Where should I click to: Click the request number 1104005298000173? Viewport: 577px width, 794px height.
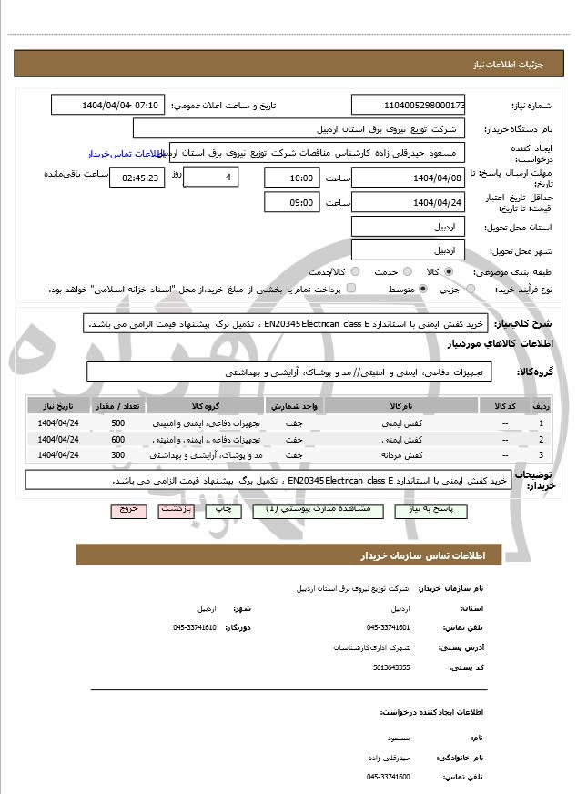pos(408,106)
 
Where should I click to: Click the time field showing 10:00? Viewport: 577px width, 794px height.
pos(292,178)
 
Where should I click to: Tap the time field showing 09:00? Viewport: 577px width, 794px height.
pos(292,202)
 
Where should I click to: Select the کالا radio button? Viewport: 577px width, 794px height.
pos(449,271)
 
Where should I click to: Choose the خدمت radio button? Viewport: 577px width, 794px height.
pos(405,271)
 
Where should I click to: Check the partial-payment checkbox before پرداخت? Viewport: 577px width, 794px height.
pos(351,289)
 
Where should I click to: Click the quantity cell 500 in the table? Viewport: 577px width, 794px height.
pos(118,423)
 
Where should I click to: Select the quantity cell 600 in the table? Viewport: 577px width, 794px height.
pos(118,439)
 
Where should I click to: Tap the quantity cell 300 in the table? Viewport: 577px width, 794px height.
pos(118,454)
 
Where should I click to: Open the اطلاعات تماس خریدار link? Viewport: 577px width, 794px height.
pos(124,154)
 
